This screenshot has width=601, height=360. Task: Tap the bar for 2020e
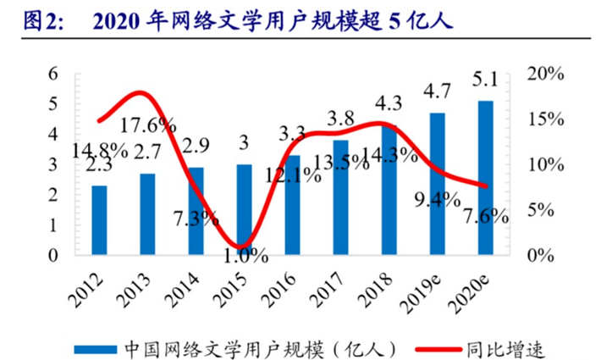coord(485,177)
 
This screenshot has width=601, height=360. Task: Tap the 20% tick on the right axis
coord(543,74)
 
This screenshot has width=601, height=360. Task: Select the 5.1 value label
coord(486,83)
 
